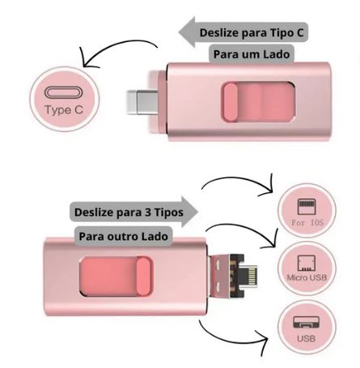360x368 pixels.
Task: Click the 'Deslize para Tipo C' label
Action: tap(252, 33)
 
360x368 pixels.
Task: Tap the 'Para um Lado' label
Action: tap(252, 54)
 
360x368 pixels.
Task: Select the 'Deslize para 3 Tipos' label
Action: tap(129, 212)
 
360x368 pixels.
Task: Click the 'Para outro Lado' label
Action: tap(124, 236)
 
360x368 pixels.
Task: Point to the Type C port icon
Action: tap(64, 92)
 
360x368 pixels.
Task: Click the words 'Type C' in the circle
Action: tap(64, 110)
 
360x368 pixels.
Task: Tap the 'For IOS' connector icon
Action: tap(307, 206)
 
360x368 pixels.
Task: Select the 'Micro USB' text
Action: tap(307, 277)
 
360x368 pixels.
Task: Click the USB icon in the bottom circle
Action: tap(307, 322)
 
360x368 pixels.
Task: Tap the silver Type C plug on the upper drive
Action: tap(142, 102)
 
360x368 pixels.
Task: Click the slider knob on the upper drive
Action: tap(231, 102)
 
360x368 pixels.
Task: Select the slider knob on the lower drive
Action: tap(143, 277)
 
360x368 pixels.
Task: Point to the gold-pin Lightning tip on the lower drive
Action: tap(249, 276)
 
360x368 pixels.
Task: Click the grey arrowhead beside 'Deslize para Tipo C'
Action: tap(187, 32)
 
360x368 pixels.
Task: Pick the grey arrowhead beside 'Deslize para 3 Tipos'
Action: tap(190, 212)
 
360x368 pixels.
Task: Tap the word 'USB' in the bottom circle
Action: tap(307, 338)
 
